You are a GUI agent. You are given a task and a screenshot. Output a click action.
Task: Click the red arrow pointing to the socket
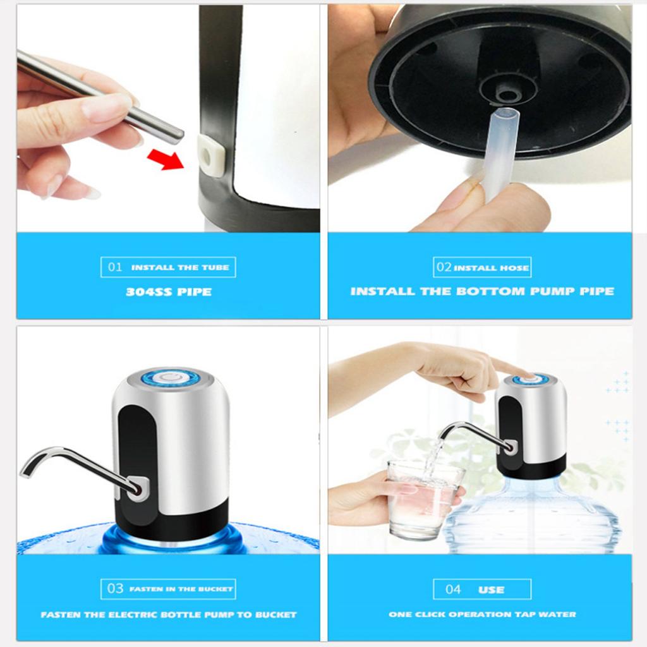[165, 159]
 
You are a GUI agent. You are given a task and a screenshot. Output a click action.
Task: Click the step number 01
[115, 267]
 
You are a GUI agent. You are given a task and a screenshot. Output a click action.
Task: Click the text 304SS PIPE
[168, 292]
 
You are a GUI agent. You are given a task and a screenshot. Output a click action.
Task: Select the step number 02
[444, 267]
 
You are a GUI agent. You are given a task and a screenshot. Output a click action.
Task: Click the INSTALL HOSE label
[491, 268]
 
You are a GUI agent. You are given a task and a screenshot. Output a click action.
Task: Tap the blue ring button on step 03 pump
[170, 378]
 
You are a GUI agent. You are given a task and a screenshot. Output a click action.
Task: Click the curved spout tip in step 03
[27, 469]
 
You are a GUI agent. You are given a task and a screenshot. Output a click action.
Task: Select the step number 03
[115, 589]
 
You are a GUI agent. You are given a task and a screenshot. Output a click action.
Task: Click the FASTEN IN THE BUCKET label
[181, 589]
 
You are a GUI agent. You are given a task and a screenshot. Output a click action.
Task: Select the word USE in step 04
[491, 590]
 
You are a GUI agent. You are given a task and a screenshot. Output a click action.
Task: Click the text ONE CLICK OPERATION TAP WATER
[481, 614]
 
